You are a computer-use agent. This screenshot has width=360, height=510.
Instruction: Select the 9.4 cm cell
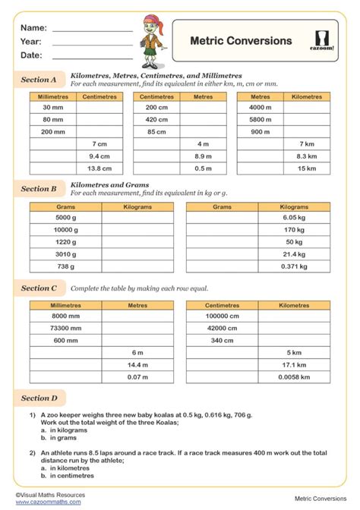[99, 156]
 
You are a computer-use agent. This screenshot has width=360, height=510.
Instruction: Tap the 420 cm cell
[156, 119]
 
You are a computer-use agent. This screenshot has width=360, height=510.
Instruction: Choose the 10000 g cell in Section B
[65, 229]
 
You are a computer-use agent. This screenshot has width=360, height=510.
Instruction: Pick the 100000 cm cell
[223, 316]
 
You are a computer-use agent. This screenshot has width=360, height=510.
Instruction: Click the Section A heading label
[39, 79]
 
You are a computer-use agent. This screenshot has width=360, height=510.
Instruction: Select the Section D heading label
[39, 398]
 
